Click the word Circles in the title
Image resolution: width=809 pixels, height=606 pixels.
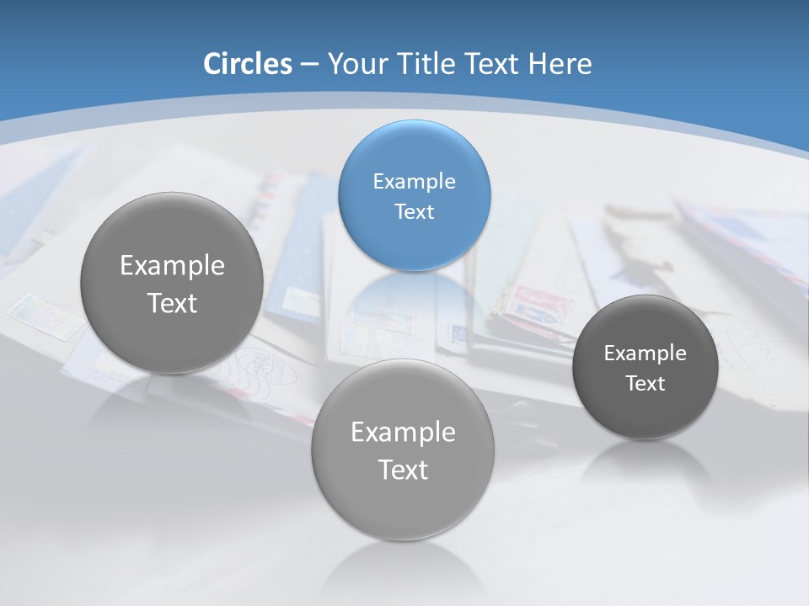pyautogui.click(x=247, y=64)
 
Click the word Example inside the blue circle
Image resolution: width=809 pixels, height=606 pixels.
pyautogui.click(x=414, y=182)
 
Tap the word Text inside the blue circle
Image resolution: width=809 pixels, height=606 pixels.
pyautogui.click(x=414, y=212)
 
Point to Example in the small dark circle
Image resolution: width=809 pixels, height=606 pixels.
pyautogui.click(x=645, y=353)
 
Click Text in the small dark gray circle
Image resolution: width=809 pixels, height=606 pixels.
pyautogui.click(x=645, y=384)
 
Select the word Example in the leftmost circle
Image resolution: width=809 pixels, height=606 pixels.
pyautogui.click(x=172, y=266)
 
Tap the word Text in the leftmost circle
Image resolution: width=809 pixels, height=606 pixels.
pyautogui.click(x=172, y=303)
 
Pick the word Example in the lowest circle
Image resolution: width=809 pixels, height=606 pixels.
pyautogui.click(x=403, y=433)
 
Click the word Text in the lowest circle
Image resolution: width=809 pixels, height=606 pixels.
pyautogui.click(x=403, y=470)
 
